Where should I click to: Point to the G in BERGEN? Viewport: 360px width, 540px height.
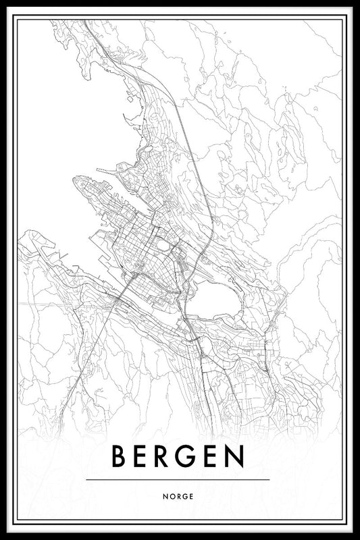190,458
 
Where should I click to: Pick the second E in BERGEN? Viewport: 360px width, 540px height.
213,458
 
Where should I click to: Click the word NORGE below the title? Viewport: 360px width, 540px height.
178,496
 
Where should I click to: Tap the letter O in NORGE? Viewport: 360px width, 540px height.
172,496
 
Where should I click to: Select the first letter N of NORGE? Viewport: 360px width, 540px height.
165,496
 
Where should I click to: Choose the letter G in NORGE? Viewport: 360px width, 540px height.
184,496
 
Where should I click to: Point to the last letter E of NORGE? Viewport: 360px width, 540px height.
191,496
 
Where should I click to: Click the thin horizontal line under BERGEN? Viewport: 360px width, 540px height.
178,480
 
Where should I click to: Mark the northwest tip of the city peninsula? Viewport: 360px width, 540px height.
75,180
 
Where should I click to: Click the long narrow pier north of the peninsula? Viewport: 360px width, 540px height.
108,170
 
